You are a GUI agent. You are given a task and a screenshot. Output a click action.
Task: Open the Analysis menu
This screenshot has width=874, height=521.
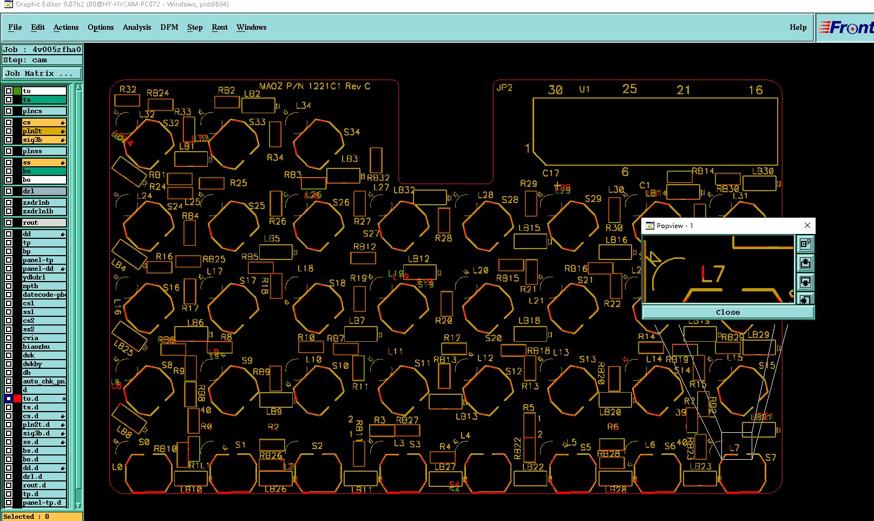pos(136,27)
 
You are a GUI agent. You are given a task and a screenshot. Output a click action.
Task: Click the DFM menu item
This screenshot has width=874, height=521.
pos(169,27)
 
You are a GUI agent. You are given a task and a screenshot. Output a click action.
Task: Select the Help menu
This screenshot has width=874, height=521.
pos(797,27)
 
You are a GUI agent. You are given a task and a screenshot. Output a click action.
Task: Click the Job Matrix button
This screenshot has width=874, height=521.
pos(42,73)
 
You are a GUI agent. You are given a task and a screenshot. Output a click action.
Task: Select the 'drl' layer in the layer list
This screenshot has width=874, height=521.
pos(44,191)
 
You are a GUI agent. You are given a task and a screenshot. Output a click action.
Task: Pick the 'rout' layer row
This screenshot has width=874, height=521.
pos(44,223)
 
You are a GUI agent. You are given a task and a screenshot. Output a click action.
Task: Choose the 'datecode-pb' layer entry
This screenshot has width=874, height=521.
pos(44,295)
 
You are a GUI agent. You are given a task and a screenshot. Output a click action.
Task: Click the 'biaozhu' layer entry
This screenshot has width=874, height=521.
pos(44,347)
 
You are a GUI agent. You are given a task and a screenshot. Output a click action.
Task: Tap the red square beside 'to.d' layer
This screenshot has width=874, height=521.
pos(17,399)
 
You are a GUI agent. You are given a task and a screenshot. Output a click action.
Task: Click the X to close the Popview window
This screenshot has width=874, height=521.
pos(807,225)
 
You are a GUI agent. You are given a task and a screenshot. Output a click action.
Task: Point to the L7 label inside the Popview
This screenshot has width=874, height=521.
pos(712,274)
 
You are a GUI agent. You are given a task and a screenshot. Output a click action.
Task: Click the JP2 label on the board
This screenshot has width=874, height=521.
pos(504,88)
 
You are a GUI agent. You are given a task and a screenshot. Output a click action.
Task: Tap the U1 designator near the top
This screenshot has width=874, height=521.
pos(584,89)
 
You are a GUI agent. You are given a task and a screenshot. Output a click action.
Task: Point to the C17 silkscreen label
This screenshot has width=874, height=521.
pos(551,173)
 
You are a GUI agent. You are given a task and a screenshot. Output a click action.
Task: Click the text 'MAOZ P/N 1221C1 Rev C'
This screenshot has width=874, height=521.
pos(314,86)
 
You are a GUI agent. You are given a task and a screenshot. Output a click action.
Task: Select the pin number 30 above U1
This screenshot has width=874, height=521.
pos(555,90)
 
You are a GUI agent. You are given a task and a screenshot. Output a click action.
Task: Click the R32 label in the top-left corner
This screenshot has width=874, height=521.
pos(128,89)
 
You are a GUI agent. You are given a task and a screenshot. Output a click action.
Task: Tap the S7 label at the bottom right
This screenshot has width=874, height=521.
pos(771,458)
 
